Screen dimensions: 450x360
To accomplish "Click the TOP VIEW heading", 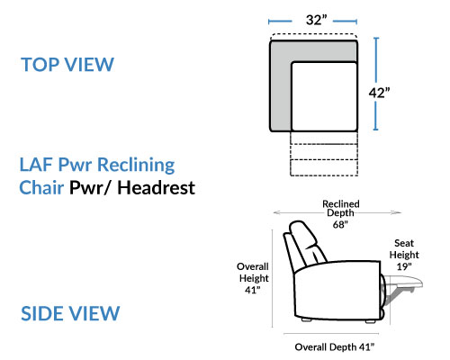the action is tap(67, 64).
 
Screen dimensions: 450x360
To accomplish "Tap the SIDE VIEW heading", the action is tap(70, 313).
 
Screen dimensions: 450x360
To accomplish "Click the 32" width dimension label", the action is tap(316, 20).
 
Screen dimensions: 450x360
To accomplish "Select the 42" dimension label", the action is tap(379, 93).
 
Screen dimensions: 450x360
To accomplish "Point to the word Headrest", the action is tap(156, 188).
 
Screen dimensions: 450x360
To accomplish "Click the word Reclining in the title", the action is tap(136, 166).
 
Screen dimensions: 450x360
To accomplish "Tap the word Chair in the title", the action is tap(41, 188).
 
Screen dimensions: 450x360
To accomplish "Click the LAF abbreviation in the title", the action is tap(36, 165).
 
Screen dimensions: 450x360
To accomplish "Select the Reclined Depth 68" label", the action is tap(341, 214).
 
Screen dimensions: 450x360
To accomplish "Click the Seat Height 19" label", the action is tap(404, 255).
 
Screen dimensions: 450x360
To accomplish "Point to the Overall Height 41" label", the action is tap(253, 278).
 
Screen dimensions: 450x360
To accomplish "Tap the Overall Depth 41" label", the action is tap(335, 347).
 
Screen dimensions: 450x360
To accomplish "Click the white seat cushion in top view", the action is tap(324, 96).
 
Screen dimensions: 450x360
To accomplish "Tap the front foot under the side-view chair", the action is tap(371, 321).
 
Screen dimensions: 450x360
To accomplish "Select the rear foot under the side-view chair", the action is tap(306, 320).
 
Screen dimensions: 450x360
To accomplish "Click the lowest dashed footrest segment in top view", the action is tap(324, 167).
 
